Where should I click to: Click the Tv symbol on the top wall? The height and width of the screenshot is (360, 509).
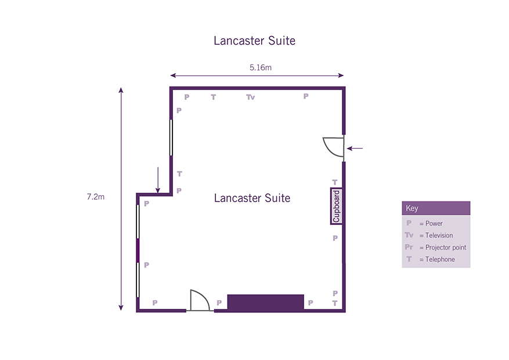pos(250,97)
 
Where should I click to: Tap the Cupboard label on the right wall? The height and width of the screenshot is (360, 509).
pos(336,206)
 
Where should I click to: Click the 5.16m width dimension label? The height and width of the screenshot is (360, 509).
pos(261,67)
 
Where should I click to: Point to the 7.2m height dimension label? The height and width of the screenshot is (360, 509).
pos(96,197)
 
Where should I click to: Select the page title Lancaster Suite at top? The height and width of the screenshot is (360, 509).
pos(254,41)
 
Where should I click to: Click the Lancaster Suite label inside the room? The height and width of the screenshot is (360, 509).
pos(252,198)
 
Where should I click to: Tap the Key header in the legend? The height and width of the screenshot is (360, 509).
pos(412,208)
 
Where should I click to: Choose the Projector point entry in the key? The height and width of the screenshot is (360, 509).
pos(435,247)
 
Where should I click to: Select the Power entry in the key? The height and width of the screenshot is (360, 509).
pos(425,224)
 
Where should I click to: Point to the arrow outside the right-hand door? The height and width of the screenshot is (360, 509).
pos(355,148)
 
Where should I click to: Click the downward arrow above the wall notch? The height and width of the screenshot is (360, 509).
pos(158,180)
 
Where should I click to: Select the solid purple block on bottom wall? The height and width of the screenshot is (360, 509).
pos(266,302)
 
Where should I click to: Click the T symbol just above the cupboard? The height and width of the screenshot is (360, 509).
pos(335,182)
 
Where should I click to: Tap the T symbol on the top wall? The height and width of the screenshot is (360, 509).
pos(213,97)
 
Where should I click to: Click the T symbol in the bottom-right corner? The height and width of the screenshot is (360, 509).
pos(335,303)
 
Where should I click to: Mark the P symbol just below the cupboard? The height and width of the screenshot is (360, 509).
pos(335,238)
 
